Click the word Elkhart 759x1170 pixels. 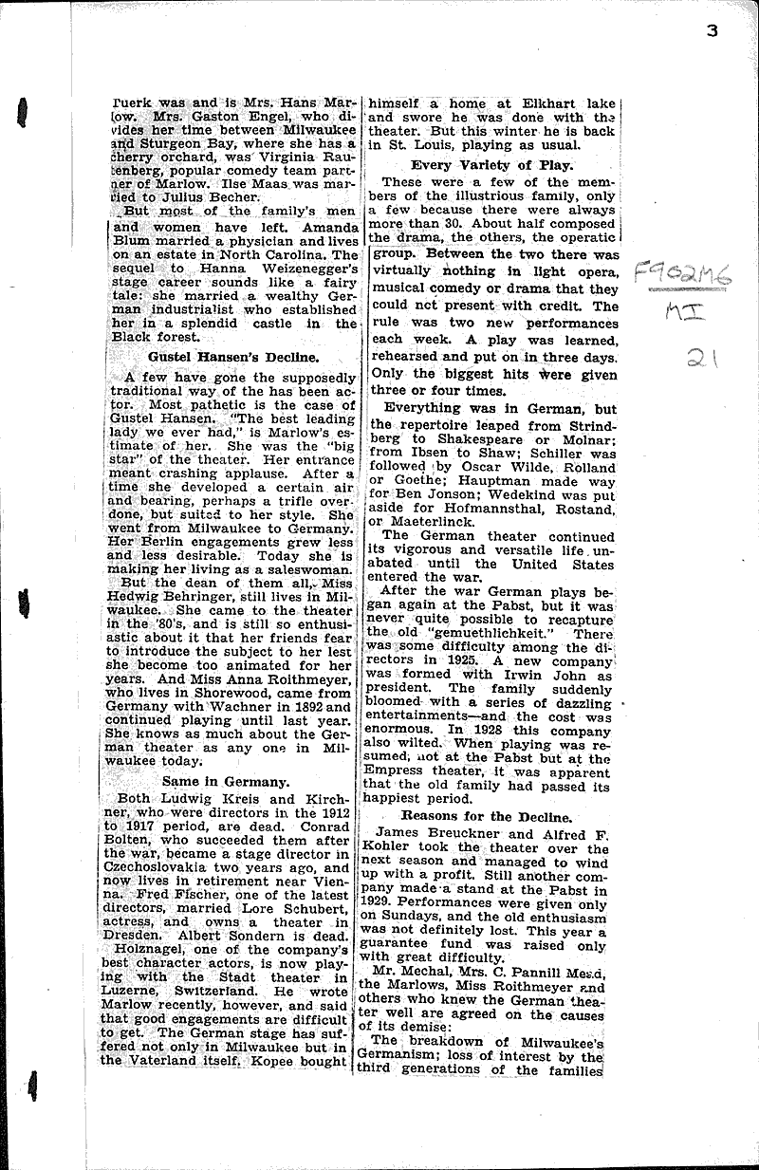pyautogui.click(x=524, y=108)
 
